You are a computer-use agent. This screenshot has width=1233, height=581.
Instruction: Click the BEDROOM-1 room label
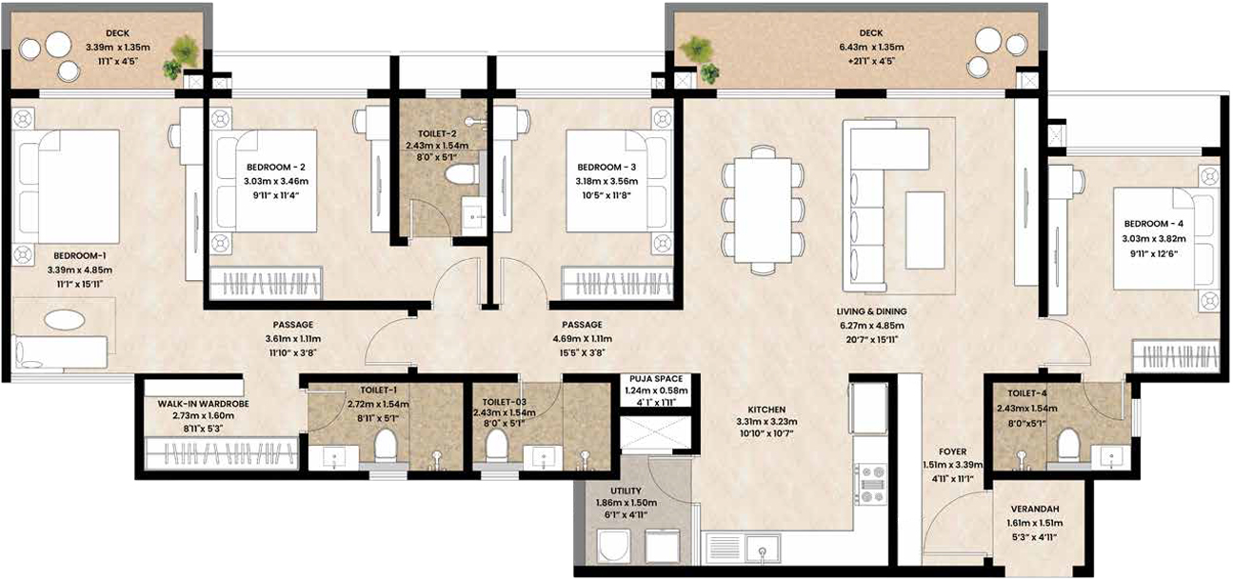80,255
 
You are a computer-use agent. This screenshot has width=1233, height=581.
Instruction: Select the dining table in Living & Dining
763,210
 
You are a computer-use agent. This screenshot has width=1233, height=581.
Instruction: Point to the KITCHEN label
766,410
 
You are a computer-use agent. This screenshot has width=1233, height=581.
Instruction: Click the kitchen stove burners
870,484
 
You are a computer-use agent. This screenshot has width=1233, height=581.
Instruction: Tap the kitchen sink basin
763,549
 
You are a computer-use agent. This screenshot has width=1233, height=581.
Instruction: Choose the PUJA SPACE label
656,379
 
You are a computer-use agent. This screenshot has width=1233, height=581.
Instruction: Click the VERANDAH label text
1035,509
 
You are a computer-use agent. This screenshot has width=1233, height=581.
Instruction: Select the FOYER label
953,451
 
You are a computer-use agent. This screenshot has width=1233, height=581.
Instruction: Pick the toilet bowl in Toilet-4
1068,444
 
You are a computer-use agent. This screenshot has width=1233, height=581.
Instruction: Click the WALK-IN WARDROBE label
203,404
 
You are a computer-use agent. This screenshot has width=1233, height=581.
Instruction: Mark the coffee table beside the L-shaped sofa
925,230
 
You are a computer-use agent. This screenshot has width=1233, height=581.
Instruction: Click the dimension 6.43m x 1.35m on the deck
871,48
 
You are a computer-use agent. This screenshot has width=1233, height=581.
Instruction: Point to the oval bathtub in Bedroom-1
65,320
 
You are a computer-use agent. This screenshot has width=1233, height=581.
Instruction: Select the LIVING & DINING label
871,311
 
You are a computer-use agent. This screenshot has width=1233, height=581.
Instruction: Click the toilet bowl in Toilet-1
386,445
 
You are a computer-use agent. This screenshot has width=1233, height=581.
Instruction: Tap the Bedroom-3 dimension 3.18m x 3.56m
607,181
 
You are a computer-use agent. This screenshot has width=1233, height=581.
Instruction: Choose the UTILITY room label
626,491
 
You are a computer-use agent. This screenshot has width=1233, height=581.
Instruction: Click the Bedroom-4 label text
1153,224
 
